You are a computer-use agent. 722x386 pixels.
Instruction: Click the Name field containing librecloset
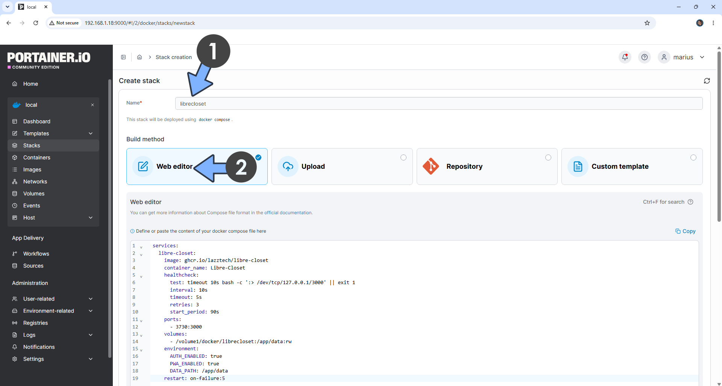tap(438, 104)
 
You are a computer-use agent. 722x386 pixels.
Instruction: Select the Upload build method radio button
tap(403, 157)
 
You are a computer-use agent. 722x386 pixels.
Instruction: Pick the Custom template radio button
tap(693, 157)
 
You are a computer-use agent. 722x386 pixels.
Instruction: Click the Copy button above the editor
tap(685, 231)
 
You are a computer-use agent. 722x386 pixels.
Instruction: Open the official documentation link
tap(288, 213)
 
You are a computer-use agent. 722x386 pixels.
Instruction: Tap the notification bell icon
tap(625, 57)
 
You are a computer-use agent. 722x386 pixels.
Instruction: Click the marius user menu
tap(682, 57)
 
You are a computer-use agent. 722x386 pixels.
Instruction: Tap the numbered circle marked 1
tap(213, 51)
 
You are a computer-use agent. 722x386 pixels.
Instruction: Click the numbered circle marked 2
tap(241, 167)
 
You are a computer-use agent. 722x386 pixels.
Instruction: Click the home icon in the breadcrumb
tap(140, 57)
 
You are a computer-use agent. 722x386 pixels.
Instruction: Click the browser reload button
tap(36, 23)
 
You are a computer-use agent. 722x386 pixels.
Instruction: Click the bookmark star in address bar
tap(647, 23)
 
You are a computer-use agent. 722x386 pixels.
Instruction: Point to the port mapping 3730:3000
tap(189, 327)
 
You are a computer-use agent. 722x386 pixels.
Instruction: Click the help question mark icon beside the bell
tap(645, 57)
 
